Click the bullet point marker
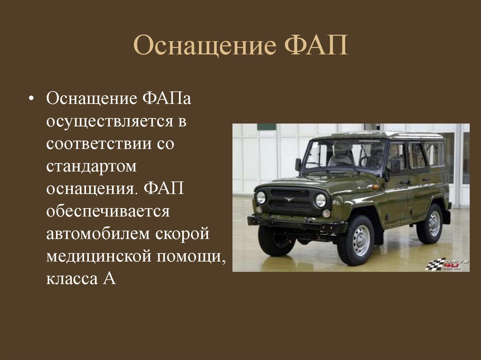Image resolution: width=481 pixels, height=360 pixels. coord(31,99)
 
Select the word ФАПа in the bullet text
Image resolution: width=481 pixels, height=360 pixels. coord(167,99)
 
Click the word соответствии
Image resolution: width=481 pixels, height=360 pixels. coord(99,144)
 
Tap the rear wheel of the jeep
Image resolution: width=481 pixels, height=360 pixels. coord(430,223)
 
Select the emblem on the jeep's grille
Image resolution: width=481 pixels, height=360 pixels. coord(289,199)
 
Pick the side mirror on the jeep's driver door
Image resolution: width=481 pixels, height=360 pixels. coord(395,166)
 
